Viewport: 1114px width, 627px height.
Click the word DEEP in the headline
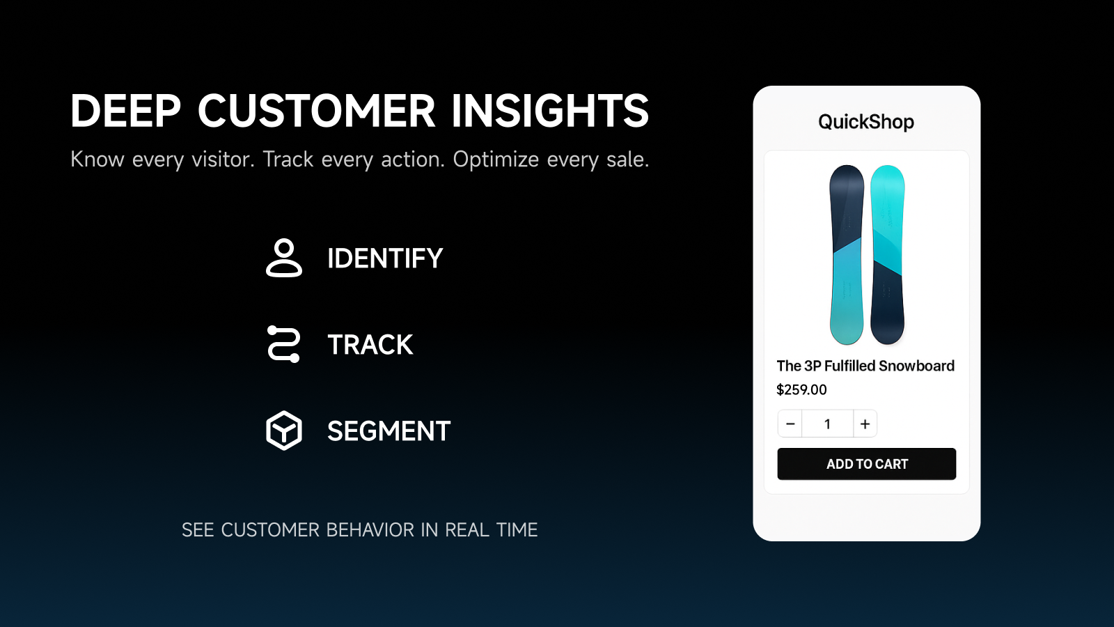click(x=125, y=111)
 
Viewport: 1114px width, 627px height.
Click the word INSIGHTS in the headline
click(x=550, y=111)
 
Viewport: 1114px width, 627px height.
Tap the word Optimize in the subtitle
click(x=496, y=160)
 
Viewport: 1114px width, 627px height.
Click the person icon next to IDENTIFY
click(x=284, y=258)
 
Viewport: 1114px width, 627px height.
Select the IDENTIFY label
click(x=385, y=258)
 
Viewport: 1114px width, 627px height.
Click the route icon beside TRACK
click(x=284, y=344)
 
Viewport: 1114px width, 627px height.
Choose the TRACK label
click(x=370, y=345)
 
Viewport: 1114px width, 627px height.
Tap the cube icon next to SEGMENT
click(x=284, y=431)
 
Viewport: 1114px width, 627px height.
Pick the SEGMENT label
click(x=389, y=431)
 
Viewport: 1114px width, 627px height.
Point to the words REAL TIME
click(x=491, y=530)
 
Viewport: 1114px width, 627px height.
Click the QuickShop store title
click(x=866, y=122)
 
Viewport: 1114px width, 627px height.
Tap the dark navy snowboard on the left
click(x=847, y=254)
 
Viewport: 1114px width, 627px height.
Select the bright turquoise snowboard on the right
click(x=887, y=254)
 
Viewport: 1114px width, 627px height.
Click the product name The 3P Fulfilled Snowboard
click(x=865, y=366)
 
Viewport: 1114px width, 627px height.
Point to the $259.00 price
click(x=801, y=390)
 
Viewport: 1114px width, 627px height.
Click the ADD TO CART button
click(x=867, y=464)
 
